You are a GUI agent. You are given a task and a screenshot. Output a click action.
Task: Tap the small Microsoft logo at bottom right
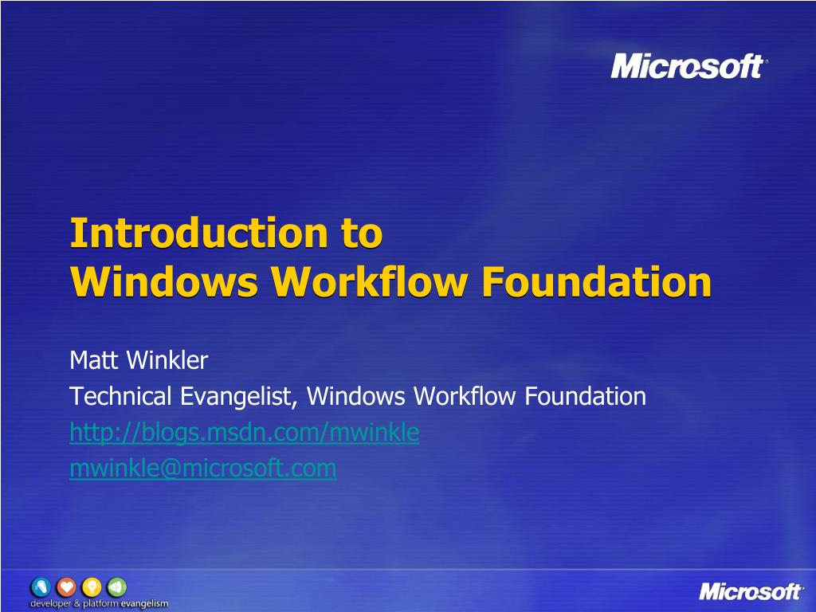pos(751,591)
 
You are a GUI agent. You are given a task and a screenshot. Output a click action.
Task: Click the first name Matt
pos(93,361)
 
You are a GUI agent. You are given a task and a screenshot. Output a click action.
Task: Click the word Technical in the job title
pos(120,396)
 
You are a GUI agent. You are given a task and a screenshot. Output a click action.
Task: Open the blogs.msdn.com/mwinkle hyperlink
pos(244,433)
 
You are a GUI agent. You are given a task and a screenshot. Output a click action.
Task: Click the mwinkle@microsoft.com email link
pos(202,469)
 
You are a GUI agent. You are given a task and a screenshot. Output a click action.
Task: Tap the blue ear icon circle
pos(41,587)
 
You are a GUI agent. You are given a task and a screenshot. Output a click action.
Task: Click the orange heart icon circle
pos(66,587)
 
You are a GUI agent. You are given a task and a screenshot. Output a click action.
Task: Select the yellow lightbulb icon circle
pos(92,587)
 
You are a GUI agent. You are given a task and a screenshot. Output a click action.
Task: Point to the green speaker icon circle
pos(116,587)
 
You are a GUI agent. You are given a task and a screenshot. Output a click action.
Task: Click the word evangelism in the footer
pos(144,604)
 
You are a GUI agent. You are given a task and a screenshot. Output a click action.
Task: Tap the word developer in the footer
pos(50,604)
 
